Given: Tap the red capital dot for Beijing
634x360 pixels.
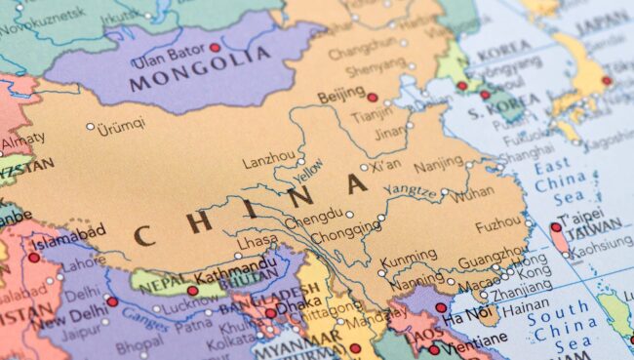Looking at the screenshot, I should pos(372,97).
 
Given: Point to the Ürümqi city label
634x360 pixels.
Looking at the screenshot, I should pos(121,124).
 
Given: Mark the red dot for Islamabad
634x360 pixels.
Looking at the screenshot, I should pos(35,258).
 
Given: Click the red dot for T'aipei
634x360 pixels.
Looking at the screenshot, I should pos(556,227).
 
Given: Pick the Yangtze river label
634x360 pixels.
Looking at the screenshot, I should pos(409,191).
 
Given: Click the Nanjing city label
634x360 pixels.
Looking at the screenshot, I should pos(439,163).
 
